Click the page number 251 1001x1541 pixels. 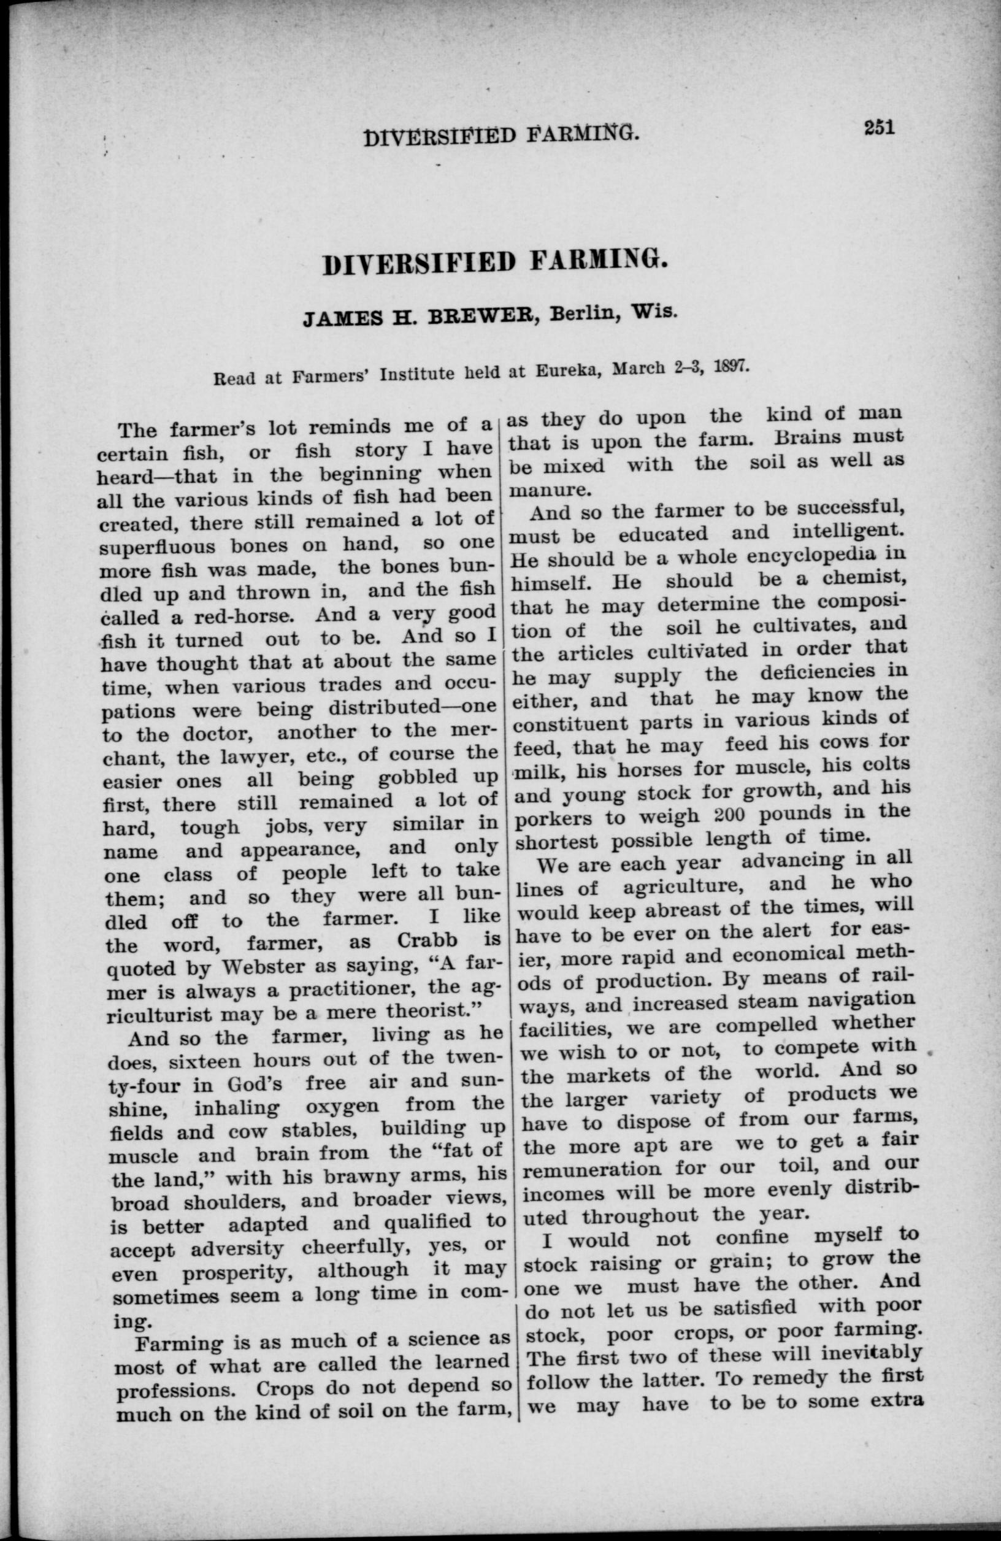(878, 127)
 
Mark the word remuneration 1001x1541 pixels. (592, 1170)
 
